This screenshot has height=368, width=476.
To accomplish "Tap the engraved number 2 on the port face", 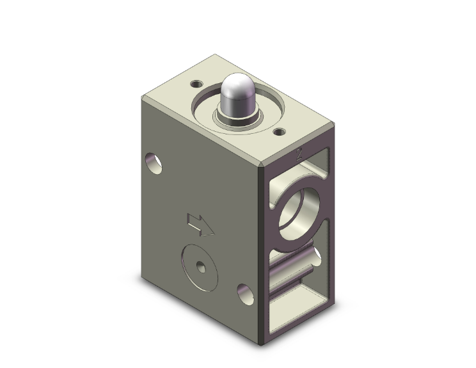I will pyautogui.click(x=299, y=153).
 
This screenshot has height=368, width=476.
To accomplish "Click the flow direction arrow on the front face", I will pyautogui.click(x=200, y=224).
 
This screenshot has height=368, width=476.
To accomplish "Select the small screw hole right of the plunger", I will pyautogui.click(x=280, y=132).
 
